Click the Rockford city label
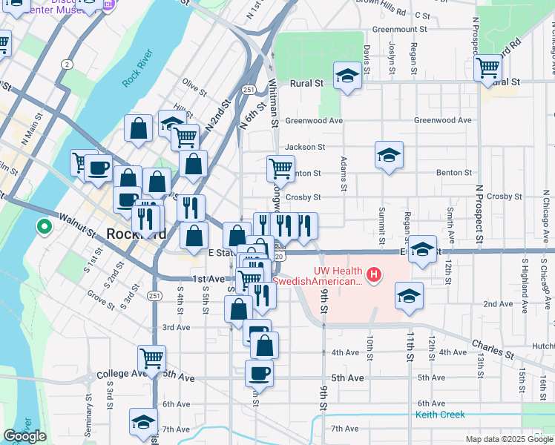point(137,234)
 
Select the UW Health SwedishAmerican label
point(319,276)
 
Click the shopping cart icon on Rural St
point(488,68)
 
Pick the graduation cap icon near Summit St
point(389,155)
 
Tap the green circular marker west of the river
point(44,227)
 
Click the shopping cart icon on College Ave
point(152,359)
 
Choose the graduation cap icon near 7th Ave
point(143,422)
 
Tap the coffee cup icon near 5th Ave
point(259,373)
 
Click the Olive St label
point(194,88)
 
